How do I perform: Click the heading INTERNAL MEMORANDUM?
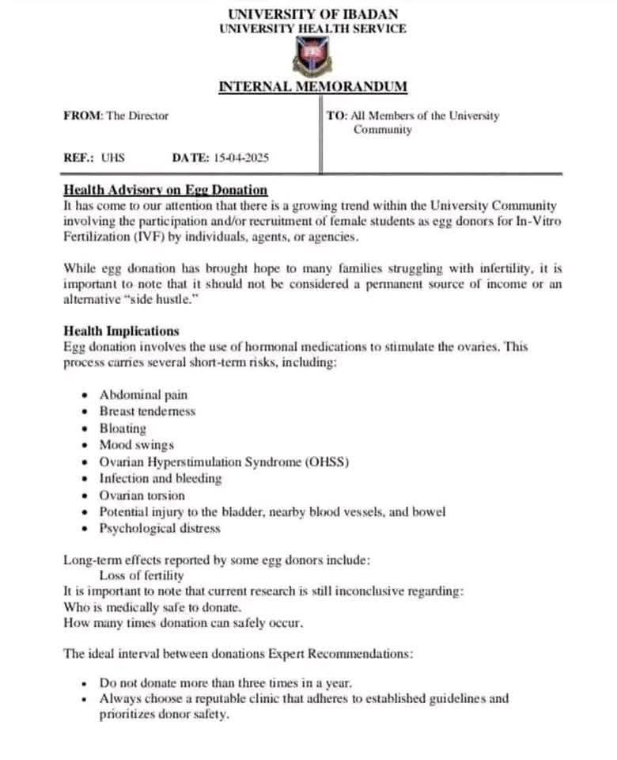[x=312, y=87]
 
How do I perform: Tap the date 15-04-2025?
[x=240, y=158]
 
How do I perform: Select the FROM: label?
[x=83, y=116]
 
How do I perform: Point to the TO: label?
[x=336, y=116]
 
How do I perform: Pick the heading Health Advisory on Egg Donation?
[x=165, y=190]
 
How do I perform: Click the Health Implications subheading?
[x=121, y=331]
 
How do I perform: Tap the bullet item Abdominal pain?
[x=143, y=394]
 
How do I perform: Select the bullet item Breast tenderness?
[x=147, y=412]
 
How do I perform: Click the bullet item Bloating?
[x=123, y=428]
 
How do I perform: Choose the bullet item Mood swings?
[x=136, y=445]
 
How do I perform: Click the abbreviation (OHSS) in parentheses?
[x=327, y=462]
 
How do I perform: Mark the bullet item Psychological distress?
[x=160, y=529]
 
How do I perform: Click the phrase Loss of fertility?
[x=142, y=576]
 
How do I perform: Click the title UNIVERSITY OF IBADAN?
[x=312, y=14]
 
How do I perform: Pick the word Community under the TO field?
[x=382, y=130]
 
